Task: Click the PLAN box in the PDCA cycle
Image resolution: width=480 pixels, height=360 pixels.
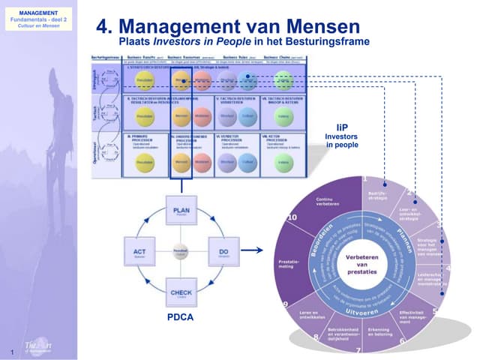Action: (181, 213)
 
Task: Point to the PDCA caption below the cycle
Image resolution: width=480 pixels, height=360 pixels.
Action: (180, 317)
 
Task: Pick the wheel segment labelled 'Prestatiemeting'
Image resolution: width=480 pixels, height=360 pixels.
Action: (282, 264)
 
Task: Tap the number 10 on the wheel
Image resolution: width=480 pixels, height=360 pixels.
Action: (292, 217)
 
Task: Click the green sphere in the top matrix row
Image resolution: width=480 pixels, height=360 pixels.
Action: (283, 79)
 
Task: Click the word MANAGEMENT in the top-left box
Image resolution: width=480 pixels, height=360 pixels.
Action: (37, 13)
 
